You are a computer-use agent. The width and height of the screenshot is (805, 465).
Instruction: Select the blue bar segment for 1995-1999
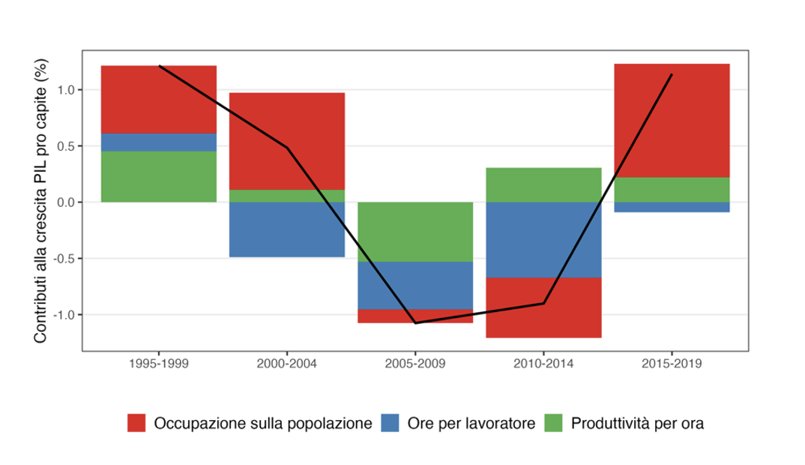click(x=159, y=142)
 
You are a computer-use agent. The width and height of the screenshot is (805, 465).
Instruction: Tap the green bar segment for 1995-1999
click(x=159, y=177)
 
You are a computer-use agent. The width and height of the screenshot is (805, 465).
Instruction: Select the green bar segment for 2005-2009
click(x=414, y=232)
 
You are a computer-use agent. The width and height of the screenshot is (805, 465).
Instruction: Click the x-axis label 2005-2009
click(x=414, y=364)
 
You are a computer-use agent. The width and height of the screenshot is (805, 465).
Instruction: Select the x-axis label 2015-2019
click(x=671, y=364)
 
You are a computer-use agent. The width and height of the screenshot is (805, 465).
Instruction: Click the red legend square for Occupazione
click(x=136, y=423)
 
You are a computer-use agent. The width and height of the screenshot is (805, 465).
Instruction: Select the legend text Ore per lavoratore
click(x=471, y=423)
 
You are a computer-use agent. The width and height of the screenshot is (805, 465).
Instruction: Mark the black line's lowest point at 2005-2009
click(x=414, y=323)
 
